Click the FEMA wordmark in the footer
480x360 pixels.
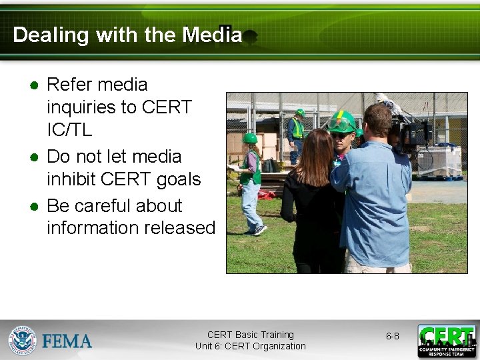point(67,341)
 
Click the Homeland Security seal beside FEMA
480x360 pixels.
point(23,340)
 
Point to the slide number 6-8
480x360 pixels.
point(392,336)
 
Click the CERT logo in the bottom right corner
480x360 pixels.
point(447,341)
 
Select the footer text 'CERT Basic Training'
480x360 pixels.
point(250,335)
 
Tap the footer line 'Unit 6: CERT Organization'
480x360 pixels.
point(250,346)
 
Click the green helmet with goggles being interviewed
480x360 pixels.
point(341,122)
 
